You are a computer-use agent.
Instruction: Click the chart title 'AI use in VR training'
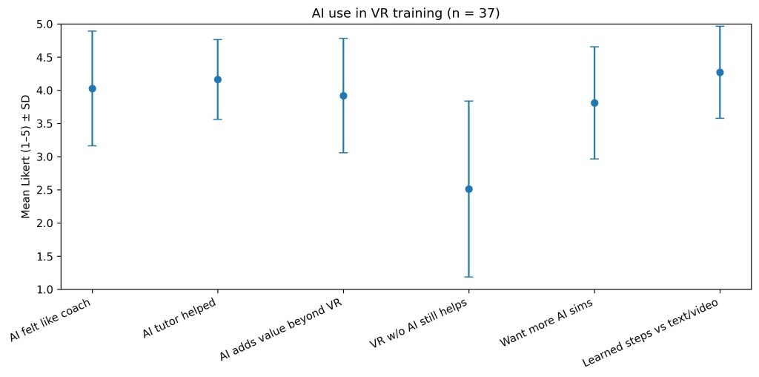pos(401,12)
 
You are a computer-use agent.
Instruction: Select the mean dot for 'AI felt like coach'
pos(92,88)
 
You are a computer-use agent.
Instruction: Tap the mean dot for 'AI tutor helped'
pos(217,79)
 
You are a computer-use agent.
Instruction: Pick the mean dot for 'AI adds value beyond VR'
pos(343,96)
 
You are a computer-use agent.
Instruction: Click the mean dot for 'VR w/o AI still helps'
pos(468,189)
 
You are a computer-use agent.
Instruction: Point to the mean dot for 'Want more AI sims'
pos(594,103)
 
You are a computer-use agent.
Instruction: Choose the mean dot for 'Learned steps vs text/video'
pos(720,72)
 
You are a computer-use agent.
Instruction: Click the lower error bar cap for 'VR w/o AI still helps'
pos(468,277)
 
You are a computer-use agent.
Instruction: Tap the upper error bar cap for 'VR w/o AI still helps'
pos(468,101)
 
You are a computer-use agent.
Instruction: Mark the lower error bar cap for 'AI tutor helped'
pos(217,119)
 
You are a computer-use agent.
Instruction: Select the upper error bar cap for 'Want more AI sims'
pos(594,47)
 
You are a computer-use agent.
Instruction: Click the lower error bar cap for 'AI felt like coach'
pos(92,145)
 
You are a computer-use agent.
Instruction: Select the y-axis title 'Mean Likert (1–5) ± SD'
pos(26,157)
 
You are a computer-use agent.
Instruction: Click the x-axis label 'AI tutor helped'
pos(180,319)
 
